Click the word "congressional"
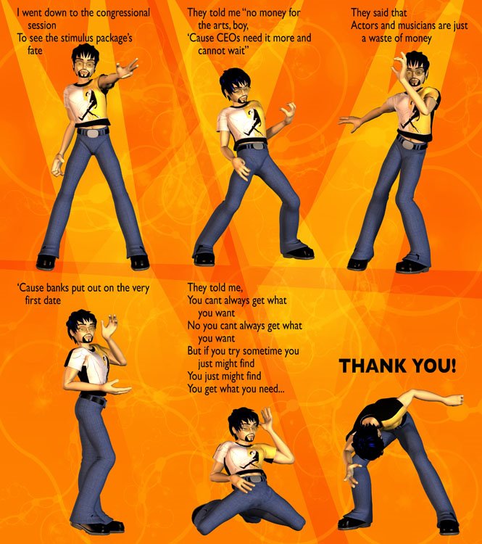(x=123, y=14)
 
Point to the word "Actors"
(x=365, y=25)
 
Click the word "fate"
(x=35, y=51)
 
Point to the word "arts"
(x=222, y=25)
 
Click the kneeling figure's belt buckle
(x=255, y=479)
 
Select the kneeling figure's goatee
(x=249, y=439)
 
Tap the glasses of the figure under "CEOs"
(x=241, y=91)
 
